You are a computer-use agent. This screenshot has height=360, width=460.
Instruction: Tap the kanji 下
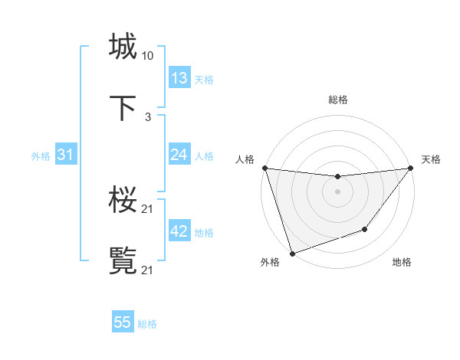pos(123,107)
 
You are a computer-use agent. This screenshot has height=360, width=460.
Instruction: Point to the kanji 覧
pos(123,260)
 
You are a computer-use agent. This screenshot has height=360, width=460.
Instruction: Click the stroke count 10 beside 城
pos(147,56)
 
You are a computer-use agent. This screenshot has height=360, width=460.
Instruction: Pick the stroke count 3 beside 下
pos(147,117)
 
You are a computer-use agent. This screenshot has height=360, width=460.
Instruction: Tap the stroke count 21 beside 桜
pos(147,209)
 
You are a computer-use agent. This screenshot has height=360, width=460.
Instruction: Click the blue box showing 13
pos(179,78)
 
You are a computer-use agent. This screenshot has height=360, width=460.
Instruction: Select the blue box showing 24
pos(179,155)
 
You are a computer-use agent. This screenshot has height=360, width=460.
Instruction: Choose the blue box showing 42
pos(179,231)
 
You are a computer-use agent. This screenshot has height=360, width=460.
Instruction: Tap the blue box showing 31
pos(65,155)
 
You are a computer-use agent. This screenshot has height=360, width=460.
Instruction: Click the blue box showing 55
pos(123,322)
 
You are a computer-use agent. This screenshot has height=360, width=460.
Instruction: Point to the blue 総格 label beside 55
pos(147,324)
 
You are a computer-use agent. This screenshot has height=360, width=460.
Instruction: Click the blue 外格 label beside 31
pos(41,156)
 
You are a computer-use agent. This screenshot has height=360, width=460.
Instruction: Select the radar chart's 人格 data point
pos(264,168)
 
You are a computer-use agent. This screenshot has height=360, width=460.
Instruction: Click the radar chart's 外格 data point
pos(292,253)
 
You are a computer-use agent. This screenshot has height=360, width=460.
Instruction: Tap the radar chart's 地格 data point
pos(365,229)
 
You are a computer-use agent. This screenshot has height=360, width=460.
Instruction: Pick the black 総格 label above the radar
pos(338,100)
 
